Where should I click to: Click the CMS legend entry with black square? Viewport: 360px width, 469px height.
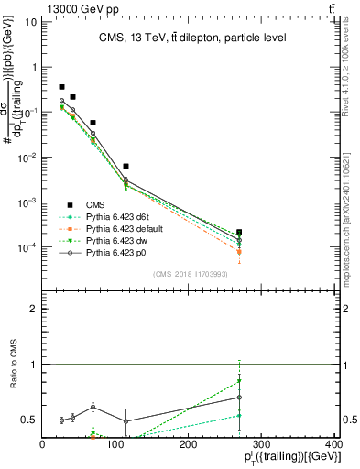pos(94,205)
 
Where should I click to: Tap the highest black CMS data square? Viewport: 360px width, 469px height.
pos(62,87)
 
